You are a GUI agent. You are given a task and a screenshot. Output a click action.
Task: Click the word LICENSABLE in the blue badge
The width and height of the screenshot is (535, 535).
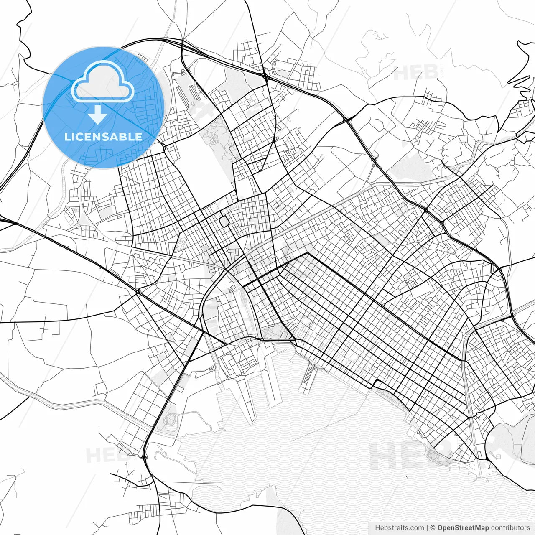tap(103, 137)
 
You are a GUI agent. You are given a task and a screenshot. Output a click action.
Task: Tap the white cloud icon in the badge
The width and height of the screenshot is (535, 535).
tap(103, 82)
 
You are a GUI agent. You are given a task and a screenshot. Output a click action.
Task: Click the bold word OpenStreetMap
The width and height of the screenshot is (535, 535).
tap(463, 528)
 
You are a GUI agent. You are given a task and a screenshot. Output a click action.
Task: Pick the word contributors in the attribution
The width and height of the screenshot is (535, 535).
tap(510, 528)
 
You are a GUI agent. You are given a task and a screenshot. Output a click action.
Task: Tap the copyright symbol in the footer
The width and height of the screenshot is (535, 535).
tap(433, 528)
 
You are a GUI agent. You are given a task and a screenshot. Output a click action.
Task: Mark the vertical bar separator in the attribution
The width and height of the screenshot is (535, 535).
tap(427, 528)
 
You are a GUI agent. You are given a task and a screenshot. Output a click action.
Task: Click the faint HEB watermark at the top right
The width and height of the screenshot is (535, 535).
tap(416, 73)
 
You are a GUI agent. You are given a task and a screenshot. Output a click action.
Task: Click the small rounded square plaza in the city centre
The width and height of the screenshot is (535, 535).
tap(224, 221)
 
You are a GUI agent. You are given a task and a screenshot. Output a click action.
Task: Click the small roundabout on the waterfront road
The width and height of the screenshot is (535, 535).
tap(262, 340)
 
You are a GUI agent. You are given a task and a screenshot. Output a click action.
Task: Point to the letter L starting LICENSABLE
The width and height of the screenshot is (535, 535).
tap(67, 137)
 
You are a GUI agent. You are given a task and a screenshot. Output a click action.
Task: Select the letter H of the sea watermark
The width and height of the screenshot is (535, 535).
tap(383, 456)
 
